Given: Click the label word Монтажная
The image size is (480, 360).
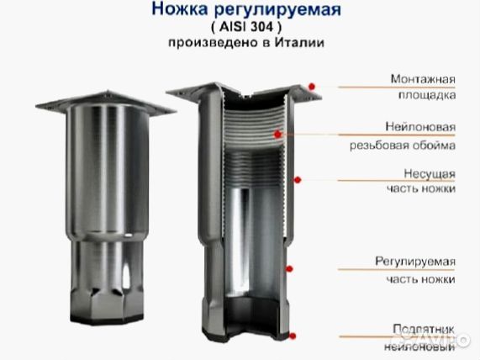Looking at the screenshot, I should click(423, 79).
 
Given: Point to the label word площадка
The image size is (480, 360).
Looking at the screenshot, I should click(428, 96).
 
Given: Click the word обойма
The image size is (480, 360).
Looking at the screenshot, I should click(435, 145).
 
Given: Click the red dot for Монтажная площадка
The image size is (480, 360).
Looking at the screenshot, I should click(313, 85).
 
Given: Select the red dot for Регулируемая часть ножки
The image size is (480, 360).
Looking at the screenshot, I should click(288, 269).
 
